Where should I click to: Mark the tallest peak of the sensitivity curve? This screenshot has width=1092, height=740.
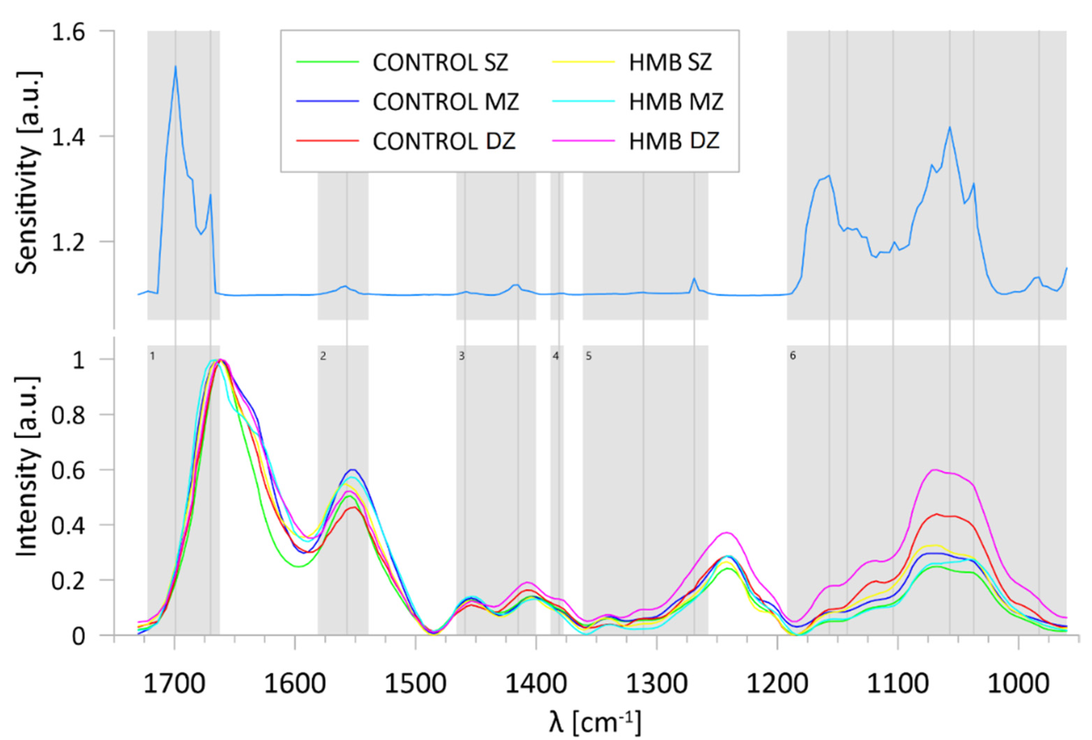point(175,66)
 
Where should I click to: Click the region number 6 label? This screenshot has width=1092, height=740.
point(793,356)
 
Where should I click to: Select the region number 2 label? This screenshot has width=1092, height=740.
point(323,356)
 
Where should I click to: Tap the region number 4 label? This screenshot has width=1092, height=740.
point(556,356)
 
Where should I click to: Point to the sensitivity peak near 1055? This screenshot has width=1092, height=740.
point(949,127)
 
